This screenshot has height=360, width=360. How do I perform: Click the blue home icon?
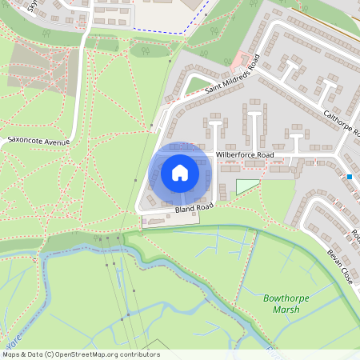(179, 173)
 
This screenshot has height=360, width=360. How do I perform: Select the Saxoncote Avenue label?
(38, 141)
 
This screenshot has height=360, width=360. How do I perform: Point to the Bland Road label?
(194, 208)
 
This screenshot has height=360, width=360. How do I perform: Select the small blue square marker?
(350, 176)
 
